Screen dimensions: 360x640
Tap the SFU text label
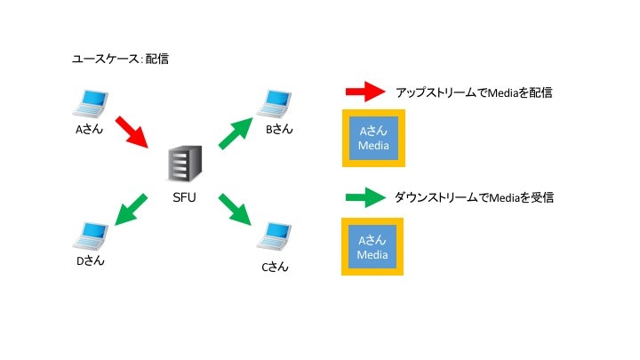(x=183, y=198)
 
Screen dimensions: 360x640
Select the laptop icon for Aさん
(x=91, y=103)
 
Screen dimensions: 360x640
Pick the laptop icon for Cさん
(x=275, y=237)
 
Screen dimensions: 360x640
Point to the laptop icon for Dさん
(x=91, y=236)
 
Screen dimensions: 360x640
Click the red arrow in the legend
(x=364, y=92)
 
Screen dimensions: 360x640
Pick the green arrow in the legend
(x=364, y=197)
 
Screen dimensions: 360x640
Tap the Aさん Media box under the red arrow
(x=373, y=139)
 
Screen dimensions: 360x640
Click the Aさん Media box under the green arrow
(x=373, y=247)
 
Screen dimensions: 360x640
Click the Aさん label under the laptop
(x=92, y=129)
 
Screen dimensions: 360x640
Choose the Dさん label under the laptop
(x=92, y=261)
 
